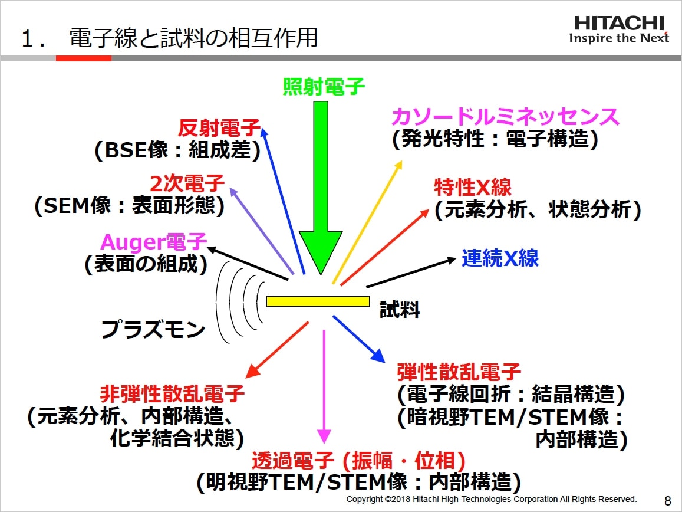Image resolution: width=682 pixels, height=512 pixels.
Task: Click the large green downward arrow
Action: (321, 189)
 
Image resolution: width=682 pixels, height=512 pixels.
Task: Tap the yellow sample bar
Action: (318, 301)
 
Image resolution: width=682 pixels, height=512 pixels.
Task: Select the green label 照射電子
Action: (324, 87)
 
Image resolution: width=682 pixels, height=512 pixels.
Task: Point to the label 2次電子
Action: (187, 184)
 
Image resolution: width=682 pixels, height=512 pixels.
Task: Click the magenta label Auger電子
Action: (154, 242)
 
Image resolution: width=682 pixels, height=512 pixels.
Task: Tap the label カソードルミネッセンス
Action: (505, 117)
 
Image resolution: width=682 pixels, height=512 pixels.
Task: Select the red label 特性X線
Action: (473, 188)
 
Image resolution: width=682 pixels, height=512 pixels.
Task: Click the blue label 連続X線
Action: (500, 258)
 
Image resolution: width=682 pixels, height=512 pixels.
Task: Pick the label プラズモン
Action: (153, 330)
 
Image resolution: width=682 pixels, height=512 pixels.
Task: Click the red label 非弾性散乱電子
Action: (172, 393)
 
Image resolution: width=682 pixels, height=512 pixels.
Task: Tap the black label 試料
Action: (399, 310)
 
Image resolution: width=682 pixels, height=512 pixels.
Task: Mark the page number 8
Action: (667, 501)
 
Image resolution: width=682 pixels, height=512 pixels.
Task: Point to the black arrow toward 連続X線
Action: (411, 272)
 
